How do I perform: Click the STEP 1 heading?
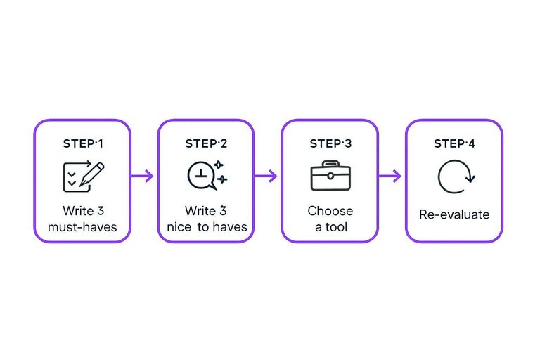coord(82,143)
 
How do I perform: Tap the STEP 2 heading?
coord(206,143)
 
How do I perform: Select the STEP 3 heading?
coord(330,143)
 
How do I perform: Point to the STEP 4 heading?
coord(454,143)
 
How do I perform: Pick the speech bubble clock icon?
coord(206,175)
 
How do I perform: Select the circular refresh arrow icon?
coord(456,176)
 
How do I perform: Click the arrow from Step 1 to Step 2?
coord(143,176)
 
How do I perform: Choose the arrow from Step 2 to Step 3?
coord(266,176)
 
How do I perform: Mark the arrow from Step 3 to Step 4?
coord(390,176)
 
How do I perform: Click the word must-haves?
coord(83,227)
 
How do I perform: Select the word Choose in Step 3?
coord(330,211)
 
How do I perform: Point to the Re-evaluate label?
coord(454,215)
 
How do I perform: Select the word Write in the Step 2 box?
coord(200,211)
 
